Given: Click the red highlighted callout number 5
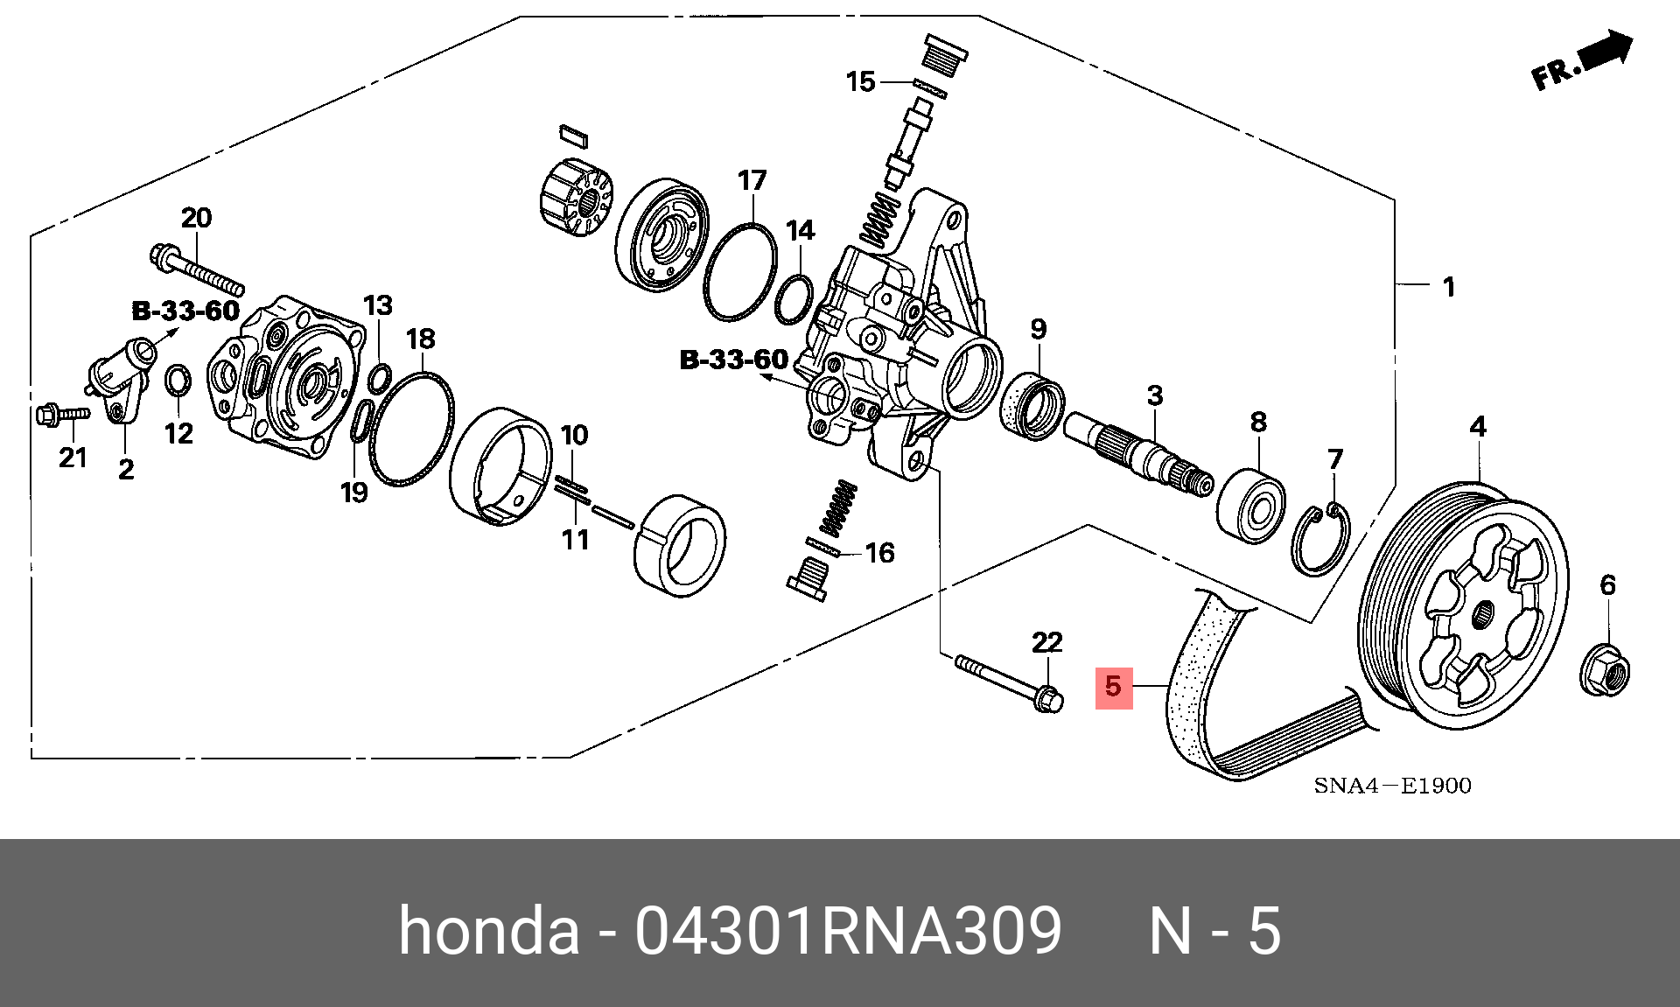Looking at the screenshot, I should coord(1114,687).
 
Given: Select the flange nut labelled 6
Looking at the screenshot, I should coord(1605,672).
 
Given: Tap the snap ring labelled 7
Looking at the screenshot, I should coord(1319,542).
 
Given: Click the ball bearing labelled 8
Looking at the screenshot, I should coord(1251,506).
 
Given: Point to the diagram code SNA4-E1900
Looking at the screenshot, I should coord(1392,786).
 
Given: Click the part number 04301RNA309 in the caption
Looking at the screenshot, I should coord(848,930).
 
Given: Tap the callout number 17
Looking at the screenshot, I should coord(752,181).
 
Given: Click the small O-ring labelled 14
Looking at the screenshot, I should coord(794,298).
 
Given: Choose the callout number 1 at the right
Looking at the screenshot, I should coord(1449,287).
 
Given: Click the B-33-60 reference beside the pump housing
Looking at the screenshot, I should coord(733,360).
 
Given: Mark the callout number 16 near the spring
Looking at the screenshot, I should coord(879,553).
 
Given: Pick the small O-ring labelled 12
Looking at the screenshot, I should coord(178,381).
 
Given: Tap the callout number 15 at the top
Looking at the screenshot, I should coord(860,82).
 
